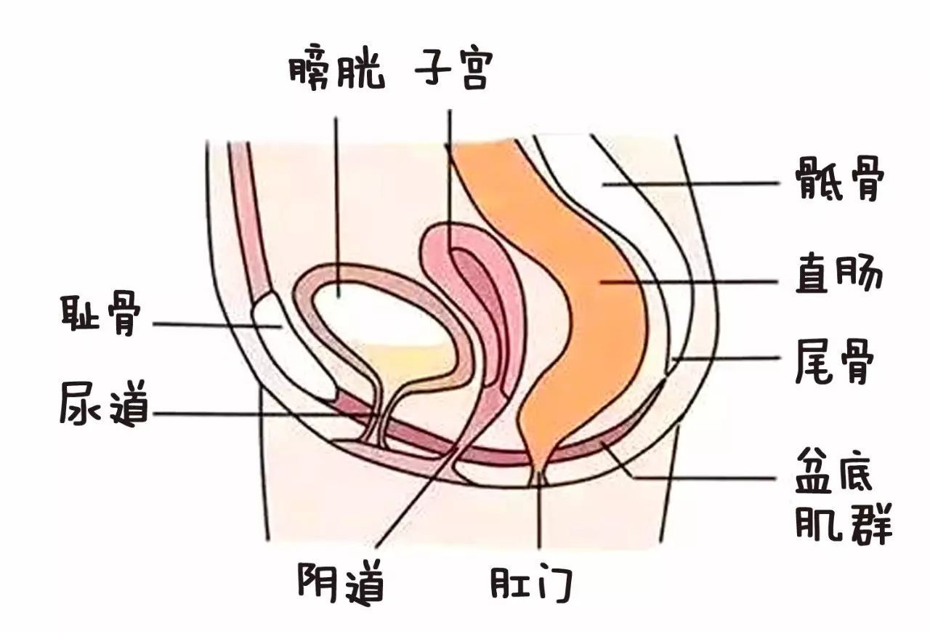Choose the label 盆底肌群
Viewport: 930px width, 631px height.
[843, 499]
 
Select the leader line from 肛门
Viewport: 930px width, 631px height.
[539, 516]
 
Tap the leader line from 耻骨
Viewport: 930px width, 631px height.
[211, 325]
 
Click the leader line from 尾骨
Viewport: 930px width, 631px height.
[727, 358]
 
